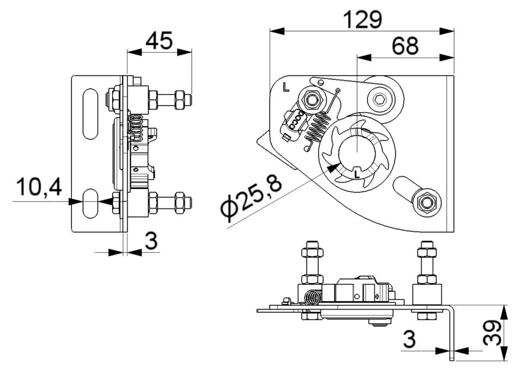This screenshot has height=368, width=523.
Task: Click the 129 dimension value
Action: pyautogui.click(x=362, y=20)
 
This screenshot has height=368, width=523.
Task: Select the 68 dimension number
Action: pyautogui.click(x=405, y=46)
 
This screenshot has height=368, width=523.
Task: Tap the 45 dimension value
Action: pyautogui.click(x=159, y=41)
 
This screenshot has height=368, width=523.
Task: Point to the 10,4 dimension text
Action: pyautogui.click(x=39, y=187)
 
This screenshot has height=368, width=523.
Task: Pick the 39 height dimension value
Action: pyautogui.click(x=492, y=332)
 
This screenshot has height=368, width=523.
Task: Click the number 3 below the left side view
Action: pyautogui.click(x=151, y=241)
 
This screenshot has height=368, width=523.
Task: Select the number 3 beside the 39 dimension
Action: pyautogui.click(x=409, y=339)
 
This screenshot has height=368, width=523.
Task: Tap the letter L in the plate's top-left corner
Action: pyautogui.click(x=285, y=87)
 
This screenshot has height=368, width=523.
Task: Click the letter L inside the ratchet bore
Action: pyautogui.click(x=357, y=174)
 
